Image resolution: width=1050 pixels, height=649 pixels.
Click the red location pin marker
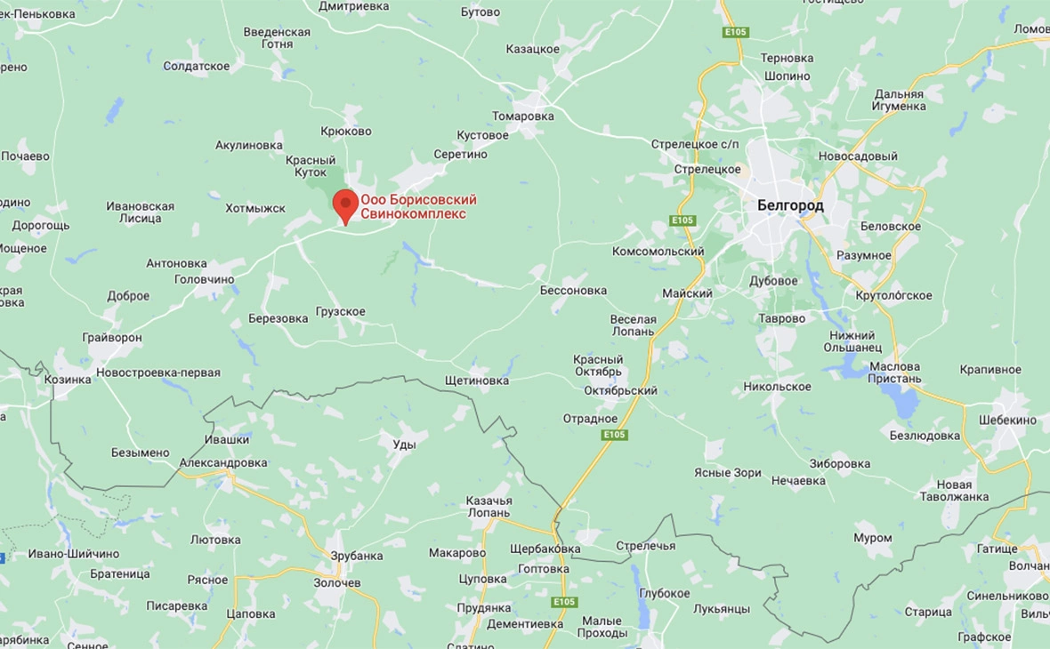point(345,204)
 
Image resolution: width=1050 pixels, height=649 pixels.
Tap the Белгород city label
point(790,205)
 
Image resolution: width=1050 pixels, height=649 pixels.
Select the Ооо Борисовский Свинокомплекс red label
point(418,207)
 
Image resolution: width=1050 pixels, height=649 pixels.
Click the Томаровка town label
point(523,116)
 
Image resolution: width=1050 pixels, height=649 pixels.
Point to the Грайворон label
point(112,338)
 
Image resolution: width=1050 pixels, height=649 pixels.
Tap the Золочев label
point(337,583)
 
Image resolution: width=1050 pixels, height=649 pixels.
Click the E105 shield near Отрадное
point(614,435)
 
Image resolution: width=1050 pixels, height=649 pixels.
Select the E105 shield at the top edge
point(735,32)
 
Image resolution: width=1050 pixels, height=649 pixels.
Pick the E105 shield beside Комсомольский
point(682,220)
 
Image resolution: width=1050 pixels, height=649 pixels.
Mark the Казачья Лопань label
point(489,507)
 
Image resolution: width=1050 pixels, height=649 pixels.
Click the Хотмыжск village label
point(255,208)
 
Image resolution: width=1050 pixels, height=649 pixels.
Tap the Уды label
point(404,444)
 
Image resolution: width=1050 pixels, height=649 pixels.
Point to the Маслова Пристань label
point(895,373)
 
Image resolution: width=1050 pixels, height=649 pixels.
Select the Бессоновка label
point(573,291)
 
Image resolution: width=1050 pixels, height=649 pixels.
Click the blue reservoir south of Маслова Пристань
point(906,405)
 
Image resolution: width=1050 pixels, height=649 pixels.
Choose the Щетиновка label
point(477,381)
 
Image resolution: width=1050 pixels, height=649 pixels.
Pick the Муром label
point(872,538)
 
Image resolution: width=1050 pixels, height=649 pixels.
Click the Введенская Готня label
point(277,37)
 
